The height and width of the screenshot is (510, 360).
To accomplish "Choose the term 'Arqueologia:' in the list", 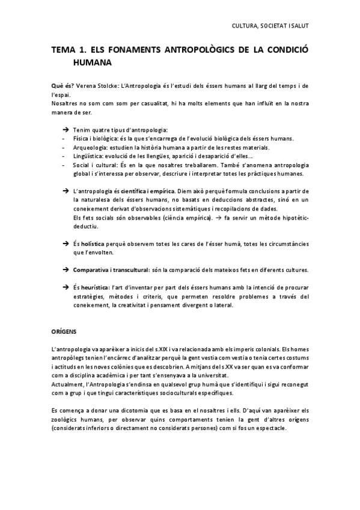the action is pos(90,147).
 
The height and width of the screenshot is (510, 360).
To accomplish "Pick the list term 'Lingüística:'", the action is pos(88,156).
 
